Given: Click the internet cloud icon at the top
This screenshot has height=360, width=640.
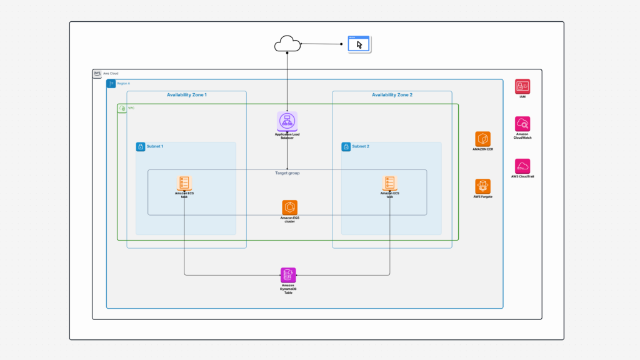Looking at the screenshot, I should pos(287,44).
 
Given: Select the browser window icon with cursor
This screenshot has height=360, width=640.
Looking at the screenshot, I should pos(359,44).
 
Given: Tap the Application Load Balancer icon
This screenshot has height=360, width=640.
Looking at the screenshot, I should pos(287,121).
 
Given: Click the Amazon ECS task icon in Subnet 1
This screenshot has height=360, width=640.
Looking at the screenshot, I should pos(184,182).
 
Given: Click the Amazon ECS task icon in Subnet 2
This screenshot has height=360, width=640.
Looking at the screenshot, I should pos(389,182).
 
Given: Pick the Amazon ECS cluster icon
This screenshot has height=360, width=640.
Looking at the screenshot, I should pos(289,207).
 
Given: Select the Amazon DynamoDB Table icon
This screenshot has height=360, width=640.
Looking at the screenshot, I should pos(288,275).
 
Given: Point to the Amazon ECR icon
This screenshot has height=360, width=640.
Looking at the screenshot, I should pos(482,139).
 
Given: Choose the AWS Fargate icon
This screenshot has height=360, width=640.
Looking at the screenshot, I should pos(482,186).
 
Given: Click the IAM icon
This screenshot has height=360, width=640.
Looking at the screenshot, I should pos(522,87).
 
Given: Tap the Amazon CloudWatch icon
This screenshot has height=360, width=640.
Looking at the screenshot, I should pos(522,124).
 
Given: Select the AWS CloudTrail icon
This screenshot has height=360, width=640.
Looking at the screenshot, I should pos(522,166).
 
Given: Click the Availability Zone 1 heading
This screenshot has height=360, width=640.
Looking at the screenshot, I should pos(186,95).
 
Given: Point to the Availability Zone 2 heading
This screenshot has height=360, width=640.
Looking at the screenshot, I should pos(392,95).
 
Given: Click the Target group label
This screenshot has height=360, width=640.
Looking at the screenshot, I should pos(287,173).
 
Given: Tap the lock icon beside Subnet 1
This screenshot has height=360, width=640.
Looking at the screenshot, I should pos(141,147).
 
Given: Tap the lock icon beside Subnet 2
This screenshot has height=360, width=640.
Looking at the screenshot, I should pos(346,147).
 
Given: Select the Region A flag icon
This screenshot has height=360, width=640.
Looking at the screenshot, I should pos(111,84).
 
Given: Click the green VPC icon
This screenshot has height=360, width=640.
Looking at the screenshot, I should pos(122,108).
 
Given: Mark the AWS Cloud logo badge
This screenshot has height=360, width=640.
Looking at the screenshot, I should pos(97,73).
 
